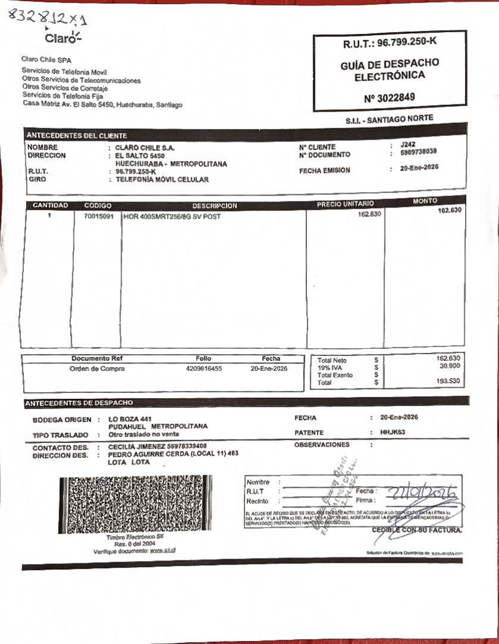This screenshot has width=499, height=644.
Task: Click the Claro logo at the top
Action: click(61, 38)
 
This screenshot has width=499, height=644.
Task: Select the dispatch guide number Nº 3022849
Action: click(389, 97)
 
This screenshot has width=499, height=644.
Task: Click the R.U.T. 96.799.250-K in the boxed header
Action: click(390, 44)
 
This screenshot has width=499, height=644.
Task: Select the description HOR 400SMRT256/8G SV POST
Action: click(172, 216)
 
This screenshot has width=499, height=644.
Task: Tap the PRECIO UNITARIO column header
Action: click(345, 204)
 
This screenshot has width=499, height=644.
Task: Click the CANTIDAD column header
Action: click(50, 206)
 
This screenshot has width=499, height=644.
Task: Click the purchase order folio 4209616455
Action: click(204, 369)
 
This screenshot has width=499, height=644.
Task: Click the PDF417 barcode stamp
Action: click(135, 504)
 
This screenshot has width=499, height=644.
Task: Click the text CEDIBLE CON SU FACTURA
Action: click(417, 530)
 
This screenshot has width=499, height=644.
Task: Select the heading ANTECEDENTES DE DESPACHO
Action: click(79, 403)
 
